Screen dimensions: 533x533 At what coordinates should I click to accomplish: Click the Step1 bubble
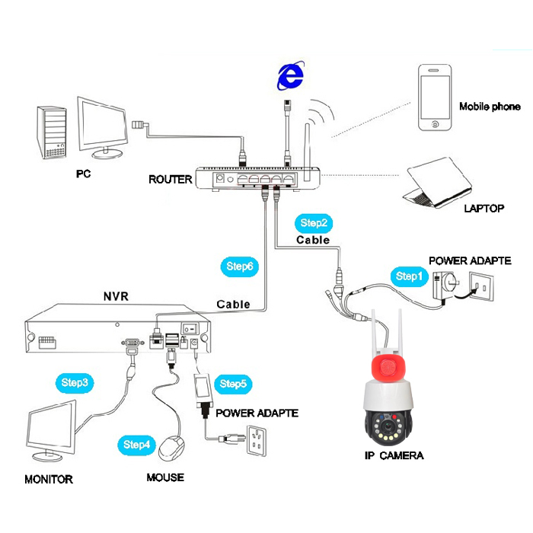pos(409,276)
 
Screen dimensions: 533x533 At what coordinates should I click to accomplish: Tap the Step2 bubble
pos(314,223)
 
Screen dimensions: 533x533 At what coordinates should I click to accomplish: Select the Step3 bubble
pos(75,383)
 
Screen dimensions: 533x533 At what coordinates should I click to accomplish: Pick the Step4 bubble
pos(136,445)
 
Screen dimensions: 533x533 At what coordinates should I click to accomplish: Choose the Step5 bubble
pos(233,384)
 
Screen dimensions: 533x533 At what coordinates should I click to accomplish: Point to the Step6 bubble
pos(240,266)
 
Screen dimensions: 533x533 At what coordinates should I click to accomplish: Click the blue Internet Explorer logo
pos(291,76)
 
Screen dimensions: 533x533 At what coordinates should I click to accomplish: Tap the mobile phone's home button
pos(435,124)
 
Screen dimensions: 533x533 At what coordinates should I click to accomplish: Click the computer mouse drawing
pos(171,448)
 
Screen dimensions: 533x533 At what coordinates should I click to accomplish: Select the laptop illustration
pos(438,183)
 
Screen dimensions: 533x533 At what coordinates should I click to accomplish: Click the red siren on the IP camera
pos(387,367)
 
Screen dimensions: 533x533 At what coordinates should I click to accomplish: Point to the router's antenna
pos(308,152)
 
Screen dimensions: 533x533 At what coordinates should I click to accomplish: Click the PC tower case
pos(52,132)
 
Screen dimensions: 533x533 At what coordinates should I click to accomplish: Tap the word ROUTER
pos(171,180)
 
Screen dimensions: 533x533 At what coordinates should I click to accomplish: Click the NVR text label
pos(116,296)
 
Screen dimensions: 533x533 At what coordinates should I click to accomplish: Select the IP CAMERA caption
pos(394,455)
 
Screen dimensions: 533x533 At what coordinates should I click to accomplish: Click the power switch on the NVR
pos(190,329)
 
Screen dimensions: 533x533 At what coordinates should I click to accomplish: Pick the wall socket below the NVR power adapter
pos(257,441)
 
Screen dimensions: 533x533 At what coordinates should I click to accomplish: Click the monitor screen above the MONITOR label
pos(51,426)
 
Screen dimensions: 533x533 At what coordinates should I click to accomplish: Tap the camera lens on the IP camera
pos(387,426)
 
